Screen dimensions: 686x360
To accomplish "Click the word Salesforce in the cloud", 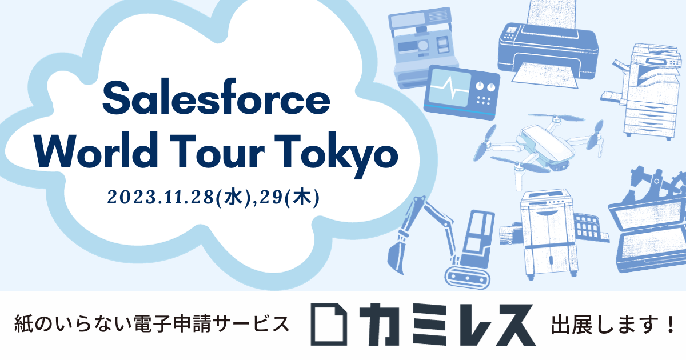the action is [x=216, y=97].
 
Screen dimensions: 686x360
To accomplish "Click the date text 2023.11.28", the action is [x=161, y=197].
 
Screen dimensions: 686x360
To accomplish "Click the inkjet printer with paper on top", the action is [x=548, y=46].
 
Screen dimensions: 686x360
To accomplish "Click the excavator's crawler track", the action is [x=468, y=278].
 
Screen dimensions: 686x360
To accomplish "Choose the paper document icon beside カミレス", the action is [x=329, y=324].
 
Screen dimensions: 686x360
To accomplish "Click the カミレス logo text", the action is [x=448, y=325].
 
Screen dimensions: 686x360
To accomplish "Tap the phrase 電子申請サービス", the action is [x=212, y=323].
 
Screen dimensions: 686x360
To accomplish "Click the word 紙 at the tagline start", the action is [x=24, y=323].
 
